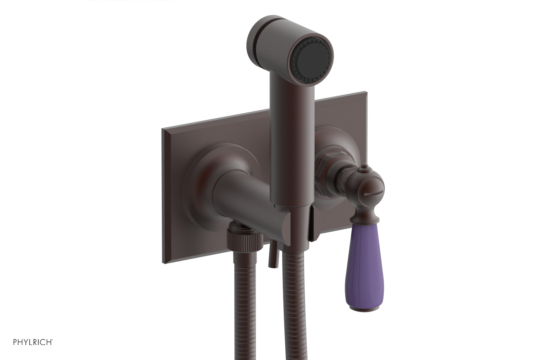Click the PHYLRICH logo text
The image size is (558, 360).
click(33, 342)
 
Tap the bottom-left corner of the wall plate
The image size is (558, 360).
click(164, 262)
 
